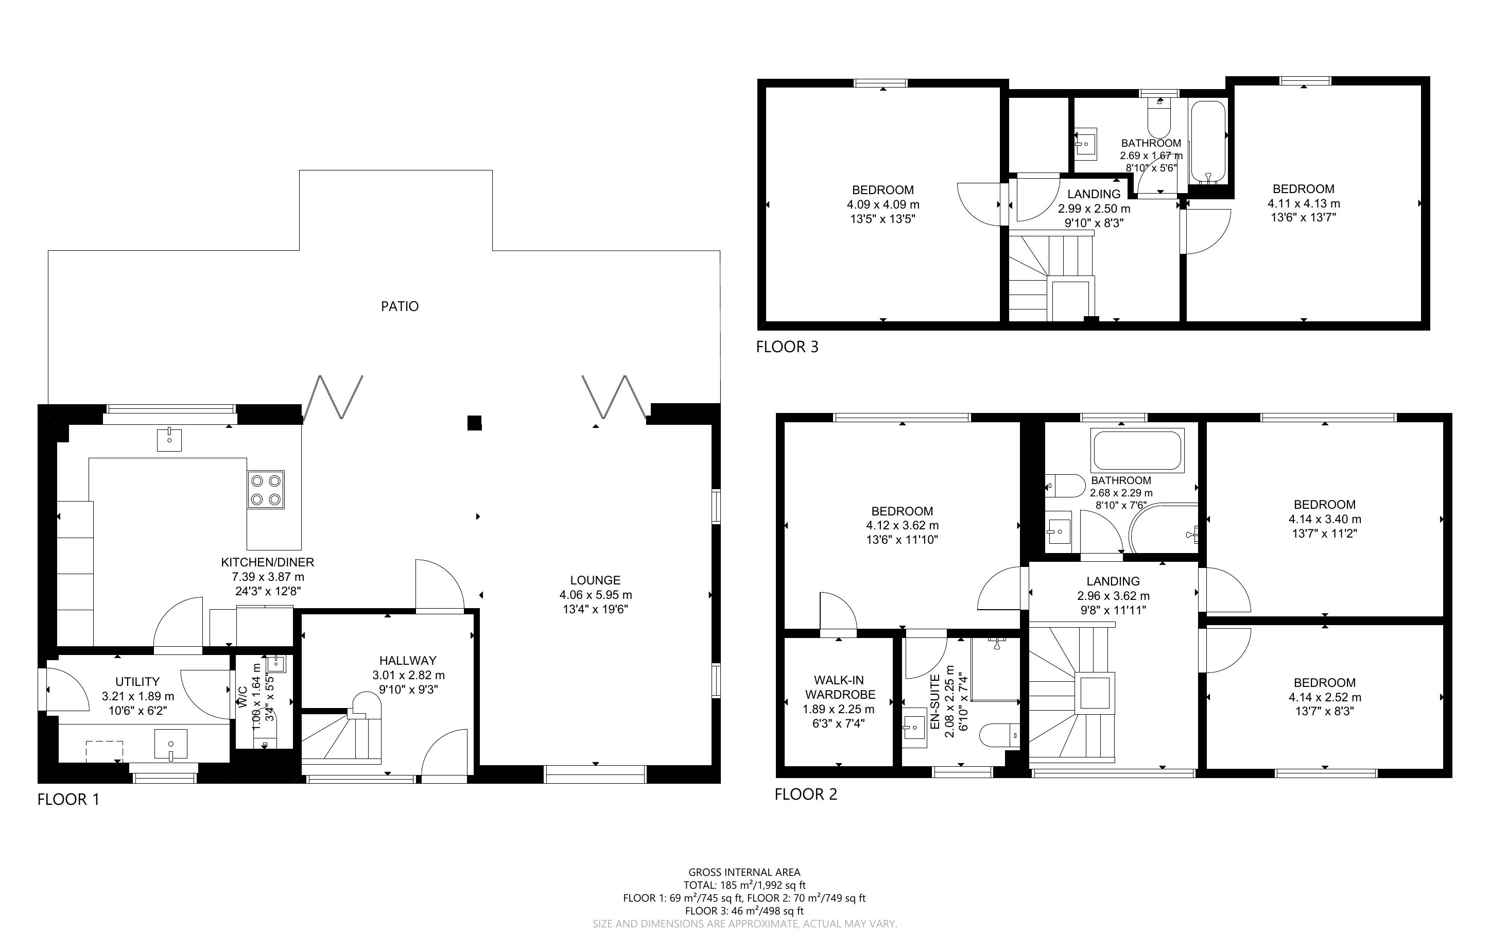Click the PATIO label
point(400,306)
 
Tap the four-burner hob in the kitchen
point(266,490)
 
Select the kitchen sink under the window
point(169,440)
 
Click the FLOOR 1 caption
point(68,799)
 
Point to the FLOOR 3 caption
point(787,347)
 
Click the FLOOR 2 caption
point(806,795)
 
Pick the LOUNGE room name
point(595,580)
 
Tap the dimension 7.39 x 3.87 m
point(268,577)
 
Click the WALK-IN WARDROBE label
point(838,687)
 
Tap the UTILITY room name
point(137,682)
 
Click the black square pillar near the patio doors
point(474,423)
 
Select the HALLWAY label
point(408,661)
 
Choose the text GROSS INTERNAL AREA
point(744,872)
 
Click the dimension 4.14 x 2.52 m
point(1324,698)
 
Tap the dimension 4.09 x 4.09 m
point(883,204)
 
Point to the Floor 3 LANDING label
point(1094,194)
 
